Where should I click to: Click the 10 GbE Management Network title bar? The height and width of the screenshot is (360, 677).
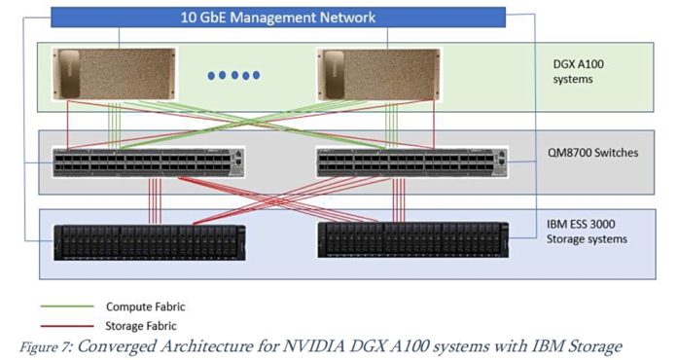(x=278, y=18)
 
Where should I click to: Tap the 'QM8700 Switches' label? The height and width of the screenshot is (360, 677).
(x=586, y=153)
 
